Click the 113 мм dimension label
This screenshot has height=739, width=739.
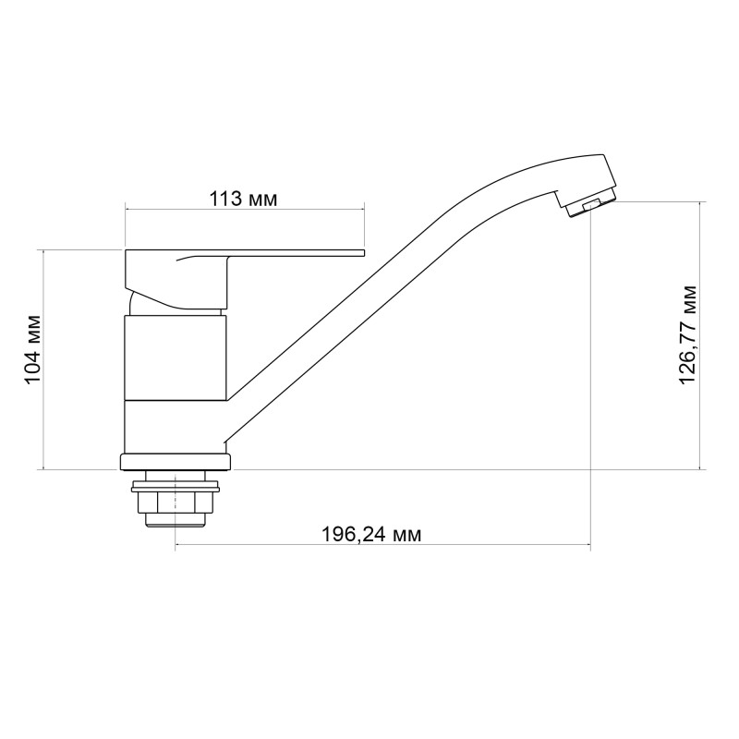[244, 199]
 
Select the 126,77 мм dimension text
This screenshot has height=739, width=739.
[688, 334]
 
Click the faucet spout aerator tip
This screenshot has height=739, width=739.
[588, 206]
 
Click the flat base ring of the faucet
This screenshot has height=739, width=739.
[175, 461]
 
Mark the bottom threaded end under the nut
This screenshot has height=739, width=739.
[175, 521]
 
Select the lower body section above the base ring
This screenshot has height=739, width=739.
[175, 427]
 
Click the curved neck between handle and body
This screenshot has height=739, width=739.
[136, 304]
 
